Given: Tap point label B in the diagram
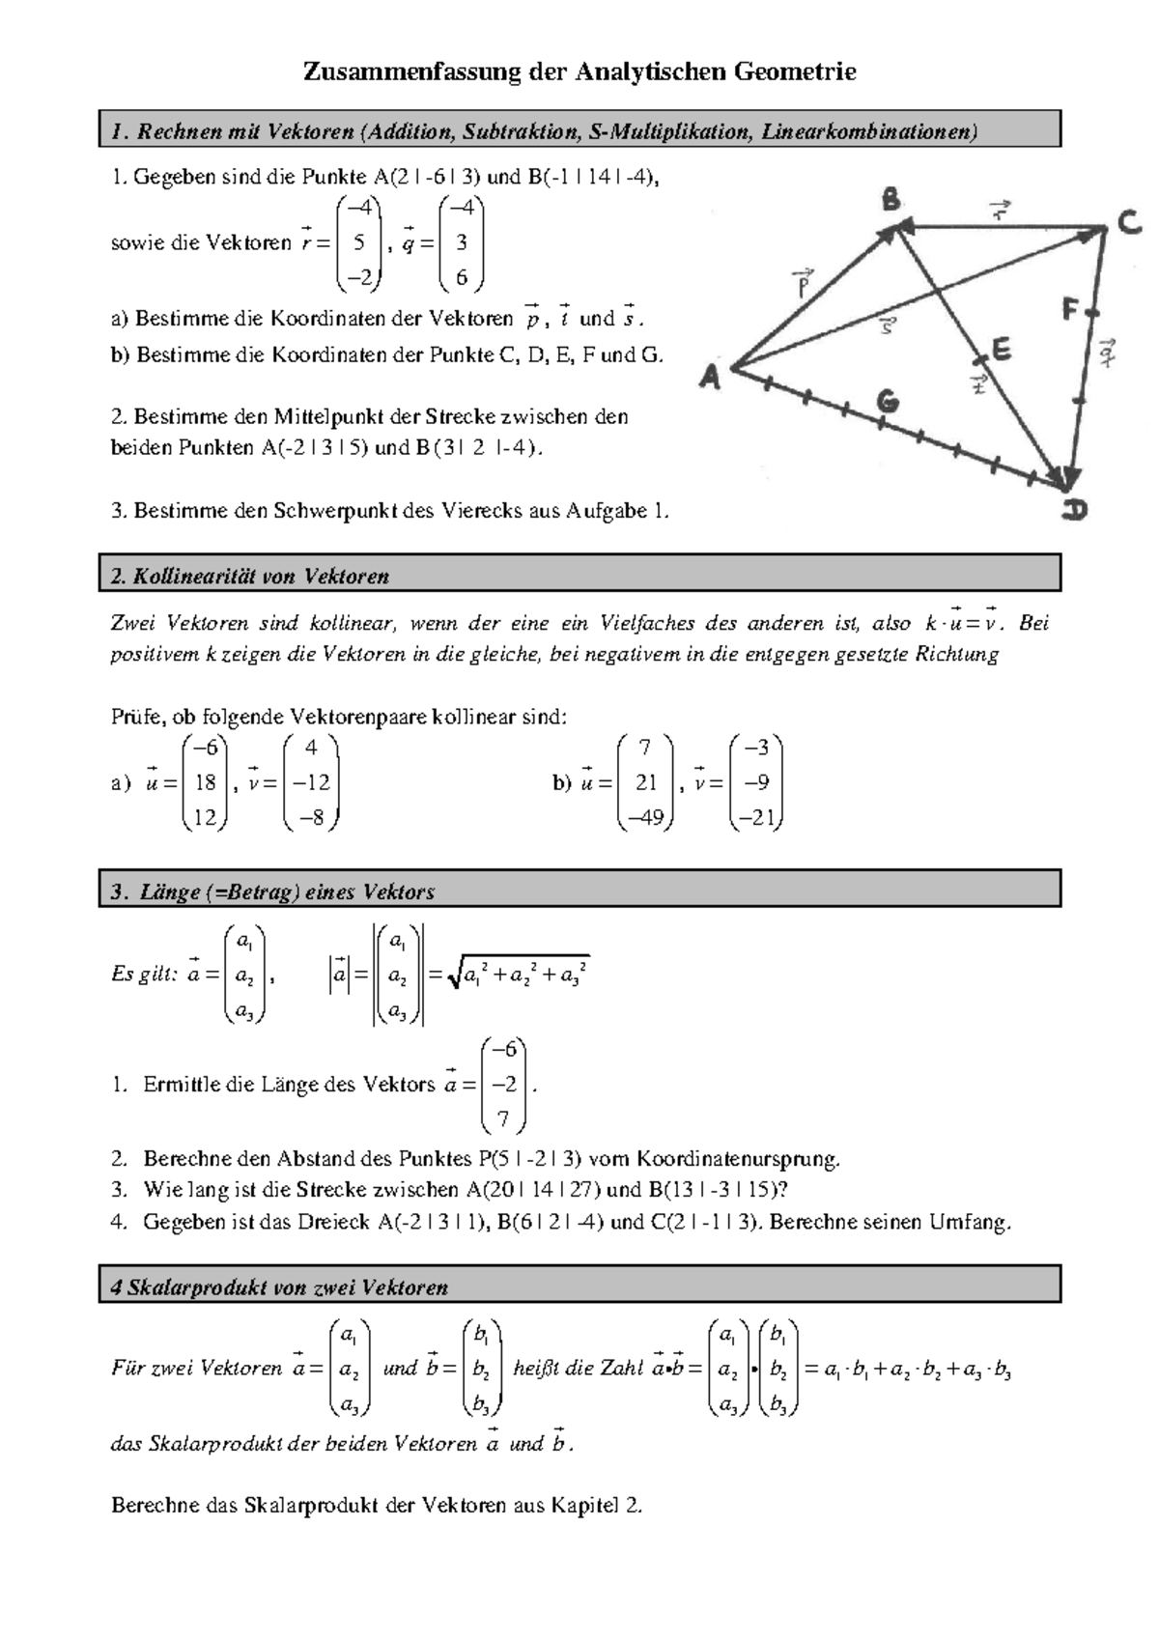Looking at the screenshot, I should (x=890, y=201).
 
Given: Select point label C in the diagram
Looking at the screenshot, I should (x=1128, y=223).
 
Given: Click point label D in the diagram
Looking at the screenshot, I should (x=1074, y=509).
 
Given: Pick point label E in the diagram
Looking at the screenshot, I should (x=1001, y=349).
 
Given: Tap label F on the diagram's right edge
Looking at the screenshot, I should (x=1070, y=311).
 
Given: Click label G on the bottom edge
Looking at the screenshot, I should (x=888, y=399).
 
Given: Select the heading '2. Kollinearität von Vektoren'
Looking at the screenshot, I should (x=249, y=577).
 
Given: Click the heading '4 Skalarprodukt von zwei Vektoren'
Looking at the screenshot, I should (x=279, y=1287).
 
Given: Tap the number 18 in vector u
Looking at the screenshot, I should (x=205, y=782).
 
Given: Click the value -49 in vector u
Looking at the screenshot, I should (x=645, y=817).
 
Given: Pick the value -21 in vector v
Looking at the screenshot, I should (x=756, y=817).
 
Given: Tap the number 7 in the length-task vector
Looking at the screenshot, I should (x=503, y=1119).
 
